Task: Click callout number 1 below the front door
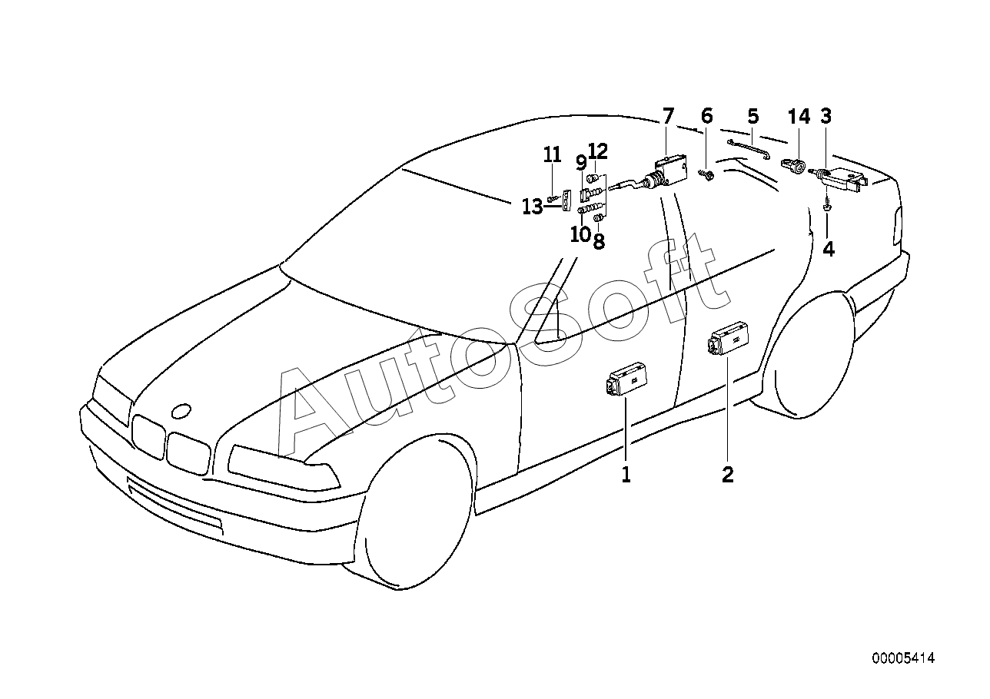tap(626, 474)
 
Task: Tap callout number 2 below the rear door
tap(727, 474)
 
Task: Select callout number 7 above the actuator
tap(668, 116)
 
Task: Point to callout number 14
tap(799, 117)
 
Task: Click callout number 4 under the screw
tap(829, 250)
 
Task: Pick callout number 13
tap(533, 207)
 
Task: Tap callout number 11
tap(552, 155)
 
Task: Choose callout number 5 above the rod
tap(753, 116)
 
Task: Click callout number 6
tap(707, 116)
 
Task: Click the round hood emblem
tap(181, 411)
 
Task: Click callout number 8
tap(599, 241)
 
